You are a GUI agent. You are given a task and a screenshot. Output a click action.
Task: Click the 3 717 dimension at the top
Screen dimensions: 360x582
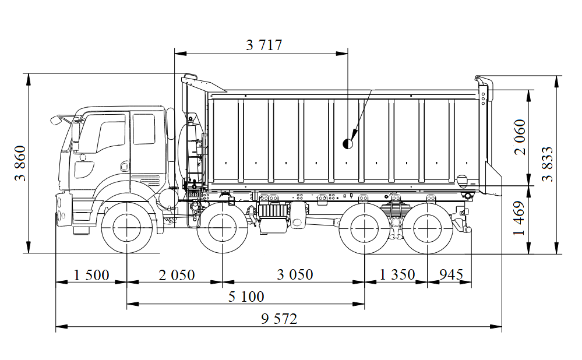coord(263,45)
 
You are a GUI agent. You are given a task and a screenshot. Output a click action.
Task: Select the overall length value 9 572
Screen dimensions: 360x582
coord(279,319)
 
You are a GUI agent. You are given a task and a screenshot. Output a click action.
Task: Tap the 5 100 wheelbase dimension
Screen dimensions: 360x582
coord(246,297)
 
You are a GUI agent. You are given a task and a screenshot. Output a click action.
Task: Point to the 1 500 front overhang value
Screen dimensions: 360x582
coord(91,275)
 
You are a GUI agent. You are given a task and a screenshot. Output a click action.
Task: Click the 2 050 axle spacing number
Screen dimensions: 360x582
coord(177,275)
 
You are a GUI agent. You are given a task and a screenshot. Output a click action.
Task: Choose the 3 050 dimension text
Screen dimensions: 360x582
coord(295,275)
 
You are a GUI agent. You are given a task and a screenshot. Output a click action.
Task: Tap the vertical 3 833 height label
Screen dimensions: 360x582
coord(548,164)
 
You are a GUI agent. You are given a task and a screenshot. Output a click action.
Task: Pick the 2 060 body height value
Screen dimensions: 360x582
coord(520,137)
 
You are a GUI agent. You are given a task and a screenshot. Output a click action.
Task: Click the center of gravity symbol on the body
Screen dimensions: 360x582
coord(348,143)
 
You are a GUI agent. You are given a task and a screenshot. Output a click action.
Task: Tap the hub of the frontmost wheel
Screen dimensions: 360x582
coord(127,227)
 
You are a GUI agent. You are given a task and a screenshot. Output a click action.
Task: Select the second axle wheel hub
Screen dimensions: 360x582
coord(223,227)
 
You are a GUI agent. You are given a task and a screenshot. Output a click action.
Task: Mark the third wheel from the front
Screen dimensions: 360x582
coord(365,227)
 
